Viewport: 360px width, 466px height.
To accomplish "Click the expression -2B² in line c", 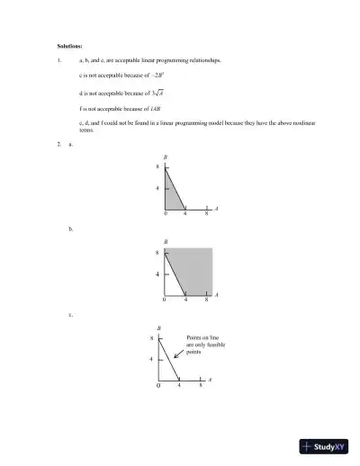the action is [156, 76].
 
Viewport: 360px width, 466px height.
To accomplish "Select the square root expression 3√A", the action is [157, 92].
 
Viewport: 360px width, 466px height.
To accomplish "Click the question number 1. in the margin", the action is [58, 60].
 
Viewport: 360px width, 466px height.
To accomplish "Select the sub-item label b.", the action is [71, 230].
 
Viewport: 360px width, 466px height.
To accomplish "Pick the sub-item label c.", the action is [71, 315].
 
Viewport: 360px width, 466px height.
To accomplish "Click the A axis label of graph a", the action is [217, 209].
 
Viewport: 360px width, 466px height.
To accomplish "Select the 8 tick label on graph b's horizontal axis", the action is [206, 300].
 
